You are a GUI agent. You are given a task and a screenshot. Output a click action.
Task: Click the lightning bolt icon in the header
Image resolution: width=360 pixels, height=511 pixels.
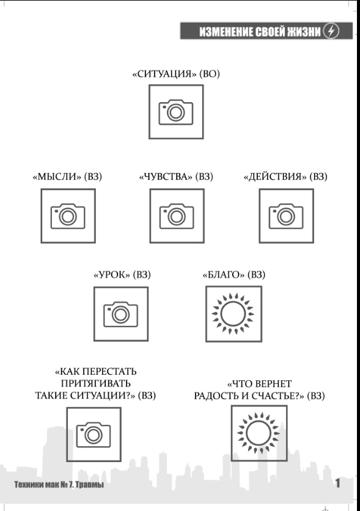click(x=331, y=31)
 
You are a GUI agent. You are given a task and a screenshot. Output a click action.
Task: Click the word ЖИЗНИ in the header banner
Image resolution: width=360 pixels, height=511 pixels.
click(x=304, y=32)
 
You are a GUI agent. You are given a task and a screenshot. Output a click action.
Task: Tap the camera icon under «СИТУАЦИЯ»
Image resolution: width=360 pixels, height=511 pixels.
click(x=176, y=112)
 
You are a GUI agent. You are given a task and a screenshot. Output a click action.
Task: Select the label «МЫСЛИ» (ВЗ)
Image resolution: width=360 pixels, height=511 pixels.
click(x=67, y=177)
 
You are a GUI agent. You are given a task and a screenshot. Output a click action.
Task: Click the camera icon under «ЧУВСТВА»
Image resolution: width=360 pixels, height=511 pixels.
click(x=177, y=216)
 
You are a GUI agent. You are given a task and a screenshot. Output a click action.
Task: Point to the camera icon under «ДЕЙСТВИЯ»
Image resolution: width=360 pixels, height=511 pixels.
click(x=286, y=216)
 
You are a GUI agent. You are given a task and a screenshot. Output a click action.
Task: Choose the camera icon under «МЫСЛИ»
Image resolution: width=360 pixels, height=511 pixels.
click(x=68, y=216)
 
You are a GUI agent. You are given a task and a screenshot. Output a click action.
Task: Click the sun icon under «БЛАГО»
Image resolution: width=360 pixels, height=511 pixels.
click(x=233, y=314)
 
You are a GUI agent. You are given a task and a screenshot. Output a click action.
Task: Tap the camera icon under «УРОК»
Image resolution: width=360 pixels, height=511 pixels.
click(x=121, y=314)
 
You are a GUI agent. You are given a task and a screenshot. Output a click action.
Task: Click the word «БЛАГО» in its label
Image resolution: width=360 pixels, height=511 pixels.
click(x=224, y=274)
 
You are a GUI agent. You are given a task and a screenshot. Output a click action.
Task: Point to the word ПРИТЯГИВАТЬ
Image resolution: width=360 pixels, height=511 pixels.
click(x=96, y=384)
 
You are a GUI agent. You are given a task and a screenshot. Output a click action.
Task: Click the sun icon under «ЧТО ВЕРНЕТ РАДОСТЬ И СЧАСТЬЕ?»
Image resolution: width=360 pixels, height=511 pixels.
click(x=259, y=433)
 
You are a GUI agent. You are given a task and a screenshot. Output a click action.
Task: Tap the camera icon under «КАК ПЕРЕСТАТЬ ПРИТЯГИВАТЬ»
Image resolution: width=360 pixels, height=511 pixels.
click(x=94, y=435)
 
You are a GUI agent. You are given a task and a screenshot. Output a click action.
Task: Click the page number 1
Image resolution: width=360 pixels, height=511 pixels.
click(x=338, y=483)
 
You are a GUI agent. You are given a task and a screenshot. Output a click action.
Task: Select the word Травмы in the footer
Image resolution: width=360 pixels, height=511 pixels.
click(x=89, y=485)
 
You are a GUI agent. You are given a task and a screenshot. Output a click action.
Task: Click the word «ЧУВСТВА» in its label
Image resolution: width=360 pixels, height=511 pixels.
click(x=166, y=177)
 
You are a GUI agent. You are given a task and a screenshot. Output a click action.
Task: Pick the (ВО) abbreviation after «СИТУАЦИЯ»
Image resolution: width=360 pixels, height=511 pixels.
click(x=210, y=73)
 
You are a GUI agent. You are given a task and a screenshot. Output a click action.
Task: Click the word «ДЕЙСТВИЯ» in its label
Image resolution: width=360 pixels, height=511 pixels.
click(x=275, y=177)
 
